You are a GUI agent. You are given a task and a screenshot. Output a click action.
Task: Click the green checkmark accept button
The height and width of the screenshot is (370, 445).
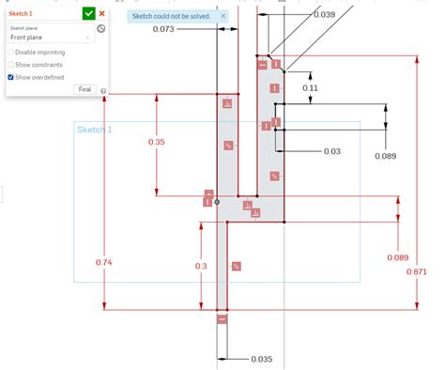(x=88, y=14)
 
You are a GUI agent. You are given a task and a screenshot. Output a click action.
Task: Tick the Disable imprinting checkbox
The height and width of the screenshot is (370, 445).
(x=10, y=53)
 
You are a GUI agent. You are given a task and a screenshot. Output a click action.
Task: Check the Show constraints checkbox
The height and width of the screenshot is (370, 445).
(x=10, y=65)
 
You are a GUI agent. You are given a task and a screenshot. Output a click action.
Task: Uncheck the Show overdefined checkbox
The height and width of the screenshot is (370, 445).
(x=10, y=77)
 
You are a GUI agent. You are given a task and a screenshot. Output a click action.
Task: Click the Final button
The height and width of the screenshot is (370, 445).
(x=84, y=88)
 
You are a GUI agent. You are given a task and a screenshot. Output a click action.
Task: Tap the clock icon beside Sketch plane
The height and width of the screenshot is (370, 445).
(x=101, y=29)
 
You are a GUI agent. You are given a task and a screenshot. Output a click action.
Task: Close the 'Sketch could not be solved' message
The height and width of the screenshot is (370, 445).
(x=222, y=16)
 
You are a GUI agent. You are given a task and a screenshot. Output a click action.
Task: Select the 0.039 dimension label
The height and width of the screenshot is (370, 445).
(x=324, y=15)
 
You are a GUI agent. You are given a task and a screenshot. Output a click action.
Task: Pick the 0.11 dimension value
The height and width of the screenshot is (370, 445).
(x=310, y=87)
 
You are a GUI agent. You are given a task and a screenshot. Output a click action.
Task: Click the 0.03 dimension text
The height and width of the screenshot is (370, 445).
(x=332, y=151)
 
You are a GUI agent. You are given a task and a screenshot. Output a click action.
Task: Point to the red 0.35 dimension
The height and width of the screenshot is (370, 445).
(x=157, y=142)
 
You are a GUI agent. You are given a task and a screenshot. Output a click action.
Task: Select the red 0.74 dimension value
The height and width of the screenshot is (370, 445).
(x=104, y=263)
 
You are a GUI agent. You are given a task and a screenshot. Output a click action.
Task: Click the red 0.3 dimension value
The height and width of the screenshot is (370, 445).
(x=201, y=267)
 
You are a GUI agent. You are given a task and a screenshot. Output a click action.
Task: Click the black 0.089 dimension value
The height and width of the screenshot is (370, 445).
(x=386, y=156)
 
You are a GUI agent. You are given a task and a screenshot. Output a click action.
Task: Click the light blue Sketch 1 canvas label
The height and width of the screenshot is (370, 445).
(x=94, y=130)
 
